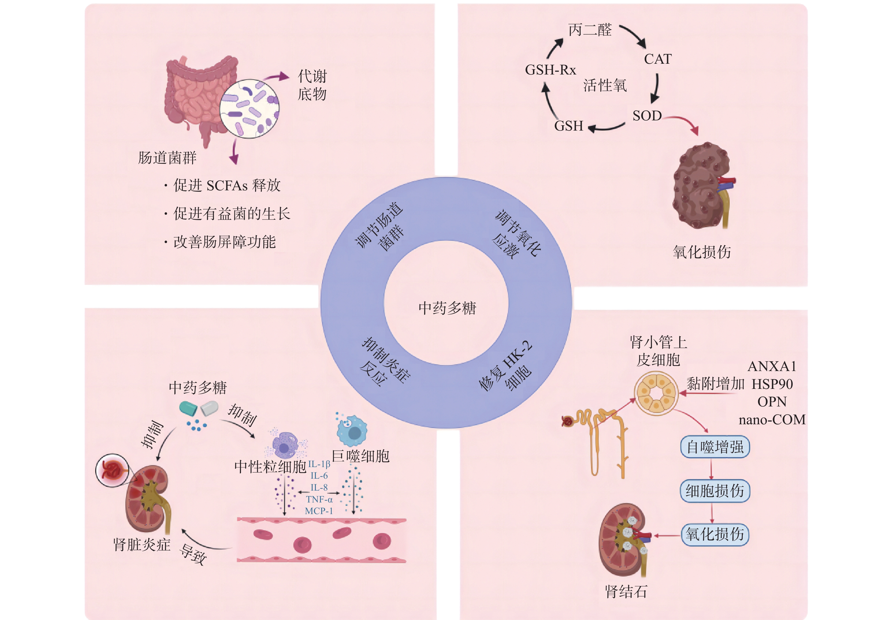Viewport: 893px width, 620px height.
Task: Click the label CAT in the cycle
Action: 657,59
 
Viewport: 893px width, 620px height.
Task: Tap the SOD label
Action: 647,116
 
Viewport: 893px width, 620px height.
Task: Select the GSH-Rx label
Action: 550,70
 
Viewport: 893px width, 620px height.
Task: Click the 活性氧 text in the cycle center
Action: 605,86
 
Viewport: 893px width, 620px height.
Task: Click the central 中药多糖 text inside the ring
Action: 447,308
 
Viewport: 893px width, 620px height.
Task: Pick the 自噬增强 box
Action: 715,447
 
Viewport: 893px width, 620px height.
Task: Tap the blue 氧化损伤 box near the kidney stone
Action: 715,534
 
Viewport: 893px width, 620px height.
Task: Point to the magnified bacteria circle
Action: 249,109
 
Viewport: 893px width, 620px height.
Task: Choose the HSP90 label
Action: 772,384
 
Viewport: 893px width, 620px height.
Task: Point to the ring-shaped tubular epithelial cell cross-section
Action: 656,393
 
